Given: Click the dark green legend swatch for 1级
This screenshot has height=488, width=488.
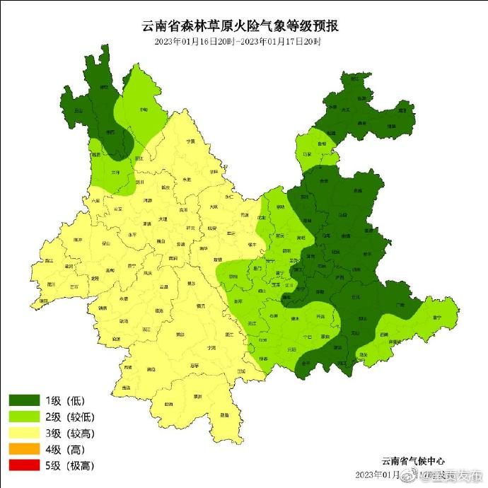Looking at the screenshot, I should coord(23,401).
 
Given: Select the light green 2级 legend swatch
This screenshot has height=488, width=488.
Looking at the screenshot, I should coord(23,417).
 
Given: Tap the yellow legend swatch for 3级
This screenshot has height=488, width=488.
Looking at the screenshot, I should coord(23,434).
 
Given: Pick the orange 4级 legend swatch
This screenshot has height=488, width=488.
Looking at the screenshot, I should coord(23,449).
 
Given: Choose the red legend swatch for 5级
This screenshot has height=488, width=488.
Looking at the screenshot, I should coord(23,465).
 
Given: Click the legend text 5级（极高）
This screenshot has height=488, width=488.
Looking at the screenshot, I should coord(69,465).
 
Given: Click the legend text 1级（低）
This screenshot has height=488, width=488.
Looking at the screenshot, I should coord(64,401).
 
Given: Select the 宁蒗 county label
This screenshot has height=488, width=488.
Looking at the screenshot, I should coord(190,141).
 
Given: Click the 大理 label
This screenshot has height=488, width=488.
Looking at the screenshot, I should coord(163,219).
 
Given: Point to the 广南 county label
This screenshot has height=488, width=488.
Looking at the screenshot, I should coord(400,306).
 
